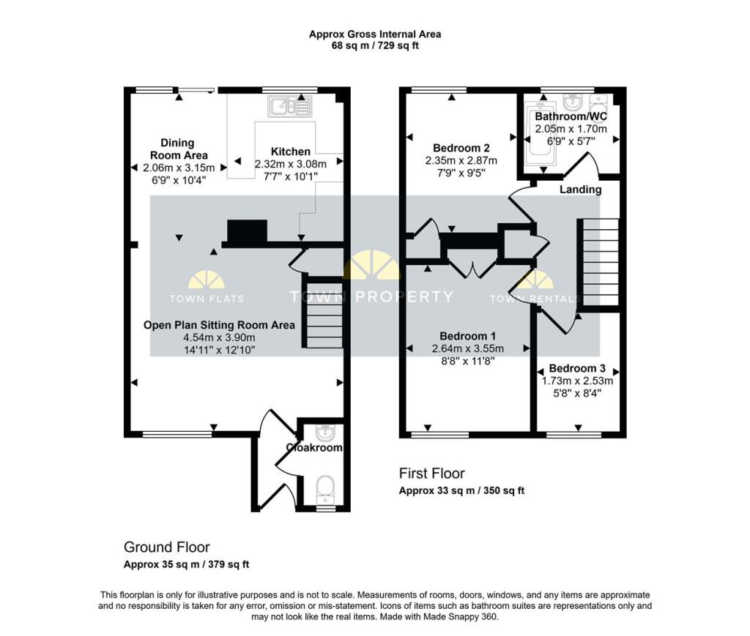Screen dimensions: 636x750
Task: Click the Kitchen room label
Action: [x=291, y=151]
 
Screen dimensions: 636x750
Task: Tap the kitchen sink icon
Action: [x=290, y=107]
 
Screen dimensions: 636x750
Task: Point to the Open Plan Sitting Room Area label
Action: [x=219, y=325]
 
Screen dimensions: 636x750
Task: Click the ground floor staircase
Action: [x=324, y=315]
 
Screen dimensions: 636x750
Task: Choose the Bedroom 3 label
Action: [x=577, y=368]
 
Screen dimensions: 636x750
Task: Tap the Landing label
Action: [x=580, y=190]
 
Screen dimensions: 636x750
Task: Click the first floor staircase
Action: [x=600, y=263]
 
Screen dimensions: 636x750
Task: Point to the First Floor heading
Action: [x=431, y=474]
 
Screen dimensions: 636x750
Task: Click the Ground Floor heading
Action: [x=166, y=547]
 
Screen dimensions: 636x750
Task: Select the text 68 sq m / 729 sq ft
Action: [x=374, y=45]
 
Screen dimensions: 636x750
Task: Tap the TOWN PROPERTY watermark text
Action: [x=371, y=297]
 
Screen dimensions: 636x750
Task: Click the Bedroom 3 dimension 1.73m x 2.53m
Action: [x=577, y=381]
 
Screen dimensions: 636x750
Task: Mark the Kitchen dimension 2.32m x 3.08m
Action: [x=290, y=164]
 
